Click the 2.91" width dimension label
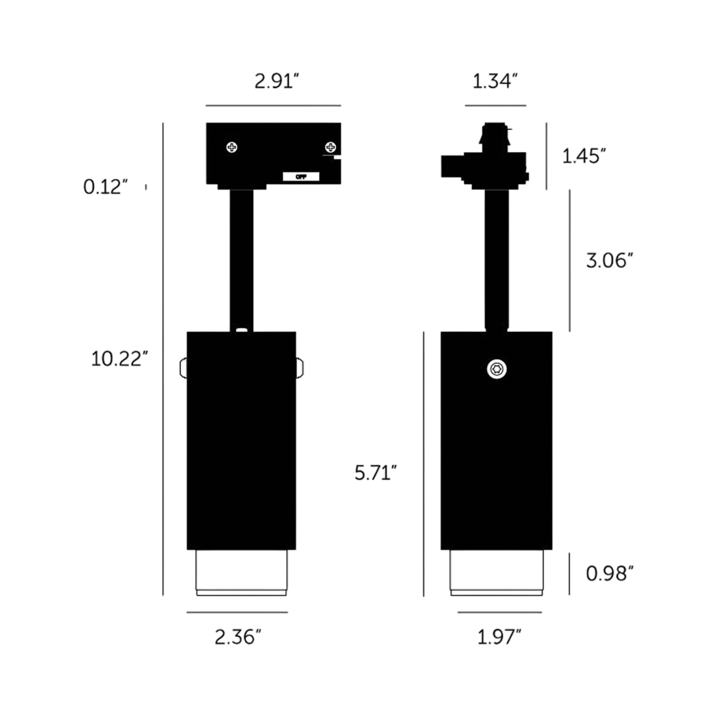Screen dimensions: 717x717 tap(276, 81)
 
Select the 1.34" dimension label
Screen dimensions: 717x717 tap(495, 81)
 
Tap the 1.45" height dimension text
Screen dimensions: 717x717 tap(584, 156)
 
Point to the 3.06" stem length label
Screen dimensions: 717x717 tap(609, 260)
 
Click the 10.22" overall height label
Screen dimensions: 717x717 tap(119, 358)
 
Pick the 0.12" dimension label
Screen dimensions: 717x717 tap(105, 187)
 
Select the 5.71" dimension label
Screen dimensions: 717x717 tap(375, 472)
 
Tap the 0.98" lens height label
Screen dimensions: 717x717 tap(609, 573)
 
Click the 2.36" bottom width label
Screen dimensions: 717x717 tap(238, 637)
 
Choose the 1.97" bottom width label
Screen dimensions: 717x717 tap(499, 637)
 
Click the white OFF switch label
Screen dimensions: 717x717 tap(301, 177)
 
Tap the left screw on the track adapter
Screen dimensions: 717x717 tap(232, 147)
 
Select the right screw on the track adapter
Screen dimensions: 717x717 tap(330, 147)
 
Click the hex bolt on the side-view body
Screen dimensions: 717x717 tap(497, 369)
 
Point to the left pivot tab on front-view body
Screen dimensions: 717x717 tap(183, 368)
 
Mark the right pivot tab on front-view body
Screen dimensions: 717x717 tap(300, 368)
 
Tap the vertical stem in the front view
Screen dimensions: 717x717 tap(242, 258)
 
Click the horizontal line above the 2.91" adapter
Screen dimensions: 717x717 tap(273, 106)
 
